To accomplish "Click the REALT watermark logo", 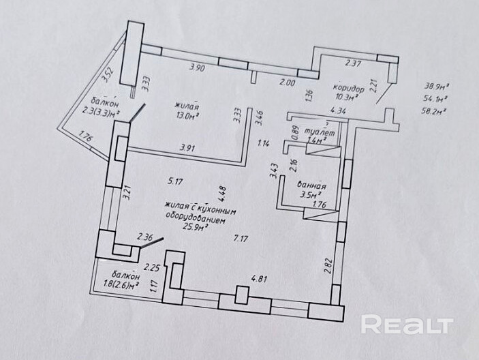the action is tap(407, 324).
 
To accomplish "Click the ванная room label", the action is tap(313, 184).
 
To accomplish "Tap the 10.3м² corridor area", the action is tap(345, 98).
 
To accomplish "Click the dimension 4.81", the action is tap(259, 278).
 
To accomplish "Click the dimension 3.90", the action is tap(197, 67).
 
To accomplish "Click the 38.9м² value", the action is tap(435, 87).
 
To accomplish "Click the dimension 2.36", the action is tap(144, 238).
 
